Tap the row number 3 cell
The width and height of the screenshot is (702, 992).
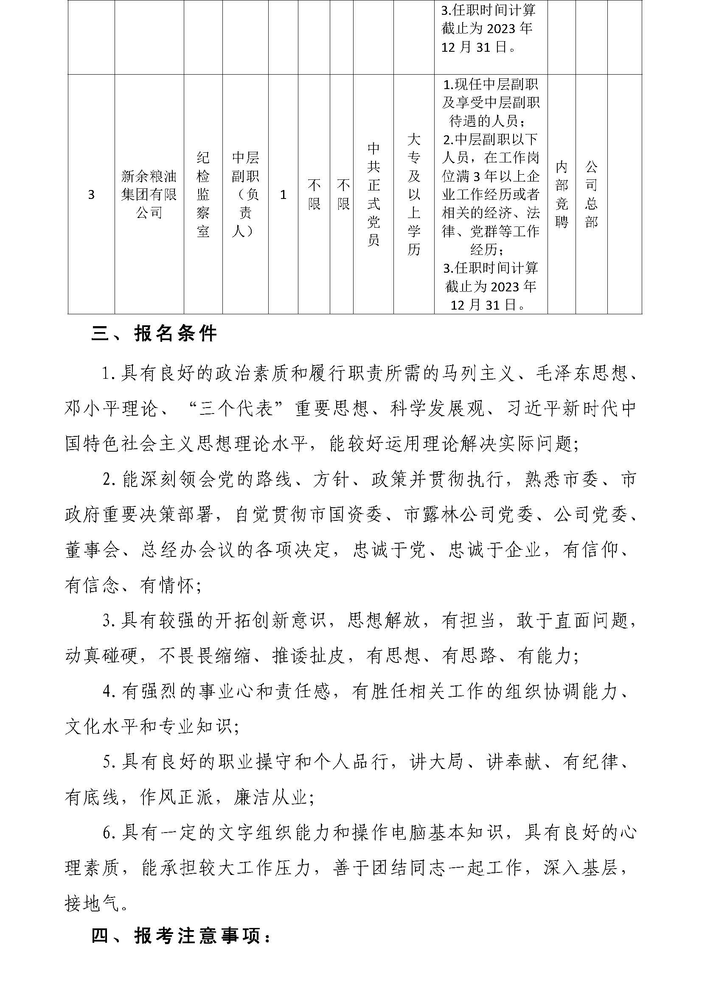pyautogui.click(x=91, y=195)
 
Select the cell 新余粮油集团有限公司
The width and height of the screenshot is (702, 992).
pyautogui.click(x=149, y=194)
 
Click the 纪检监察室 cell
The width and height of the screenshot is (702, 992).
pyautogui.click(x=203, y=194)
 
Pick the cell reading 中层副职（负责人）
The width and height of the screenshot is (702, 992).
pyautogui.click(x=245, y=194)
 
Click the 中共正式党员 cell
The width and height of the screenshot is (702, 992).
pyautogui.click(x=373, y=194)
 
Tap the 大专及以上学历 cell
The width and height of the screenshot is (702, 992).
pyautogui.click(x=414, y=194)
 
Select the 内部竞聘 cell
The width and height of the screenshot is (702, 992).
pyautogui.click(x=562, y=194)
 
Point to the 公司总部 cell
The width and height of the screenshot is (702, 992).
pyautogui.click(x=591, y=194)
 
